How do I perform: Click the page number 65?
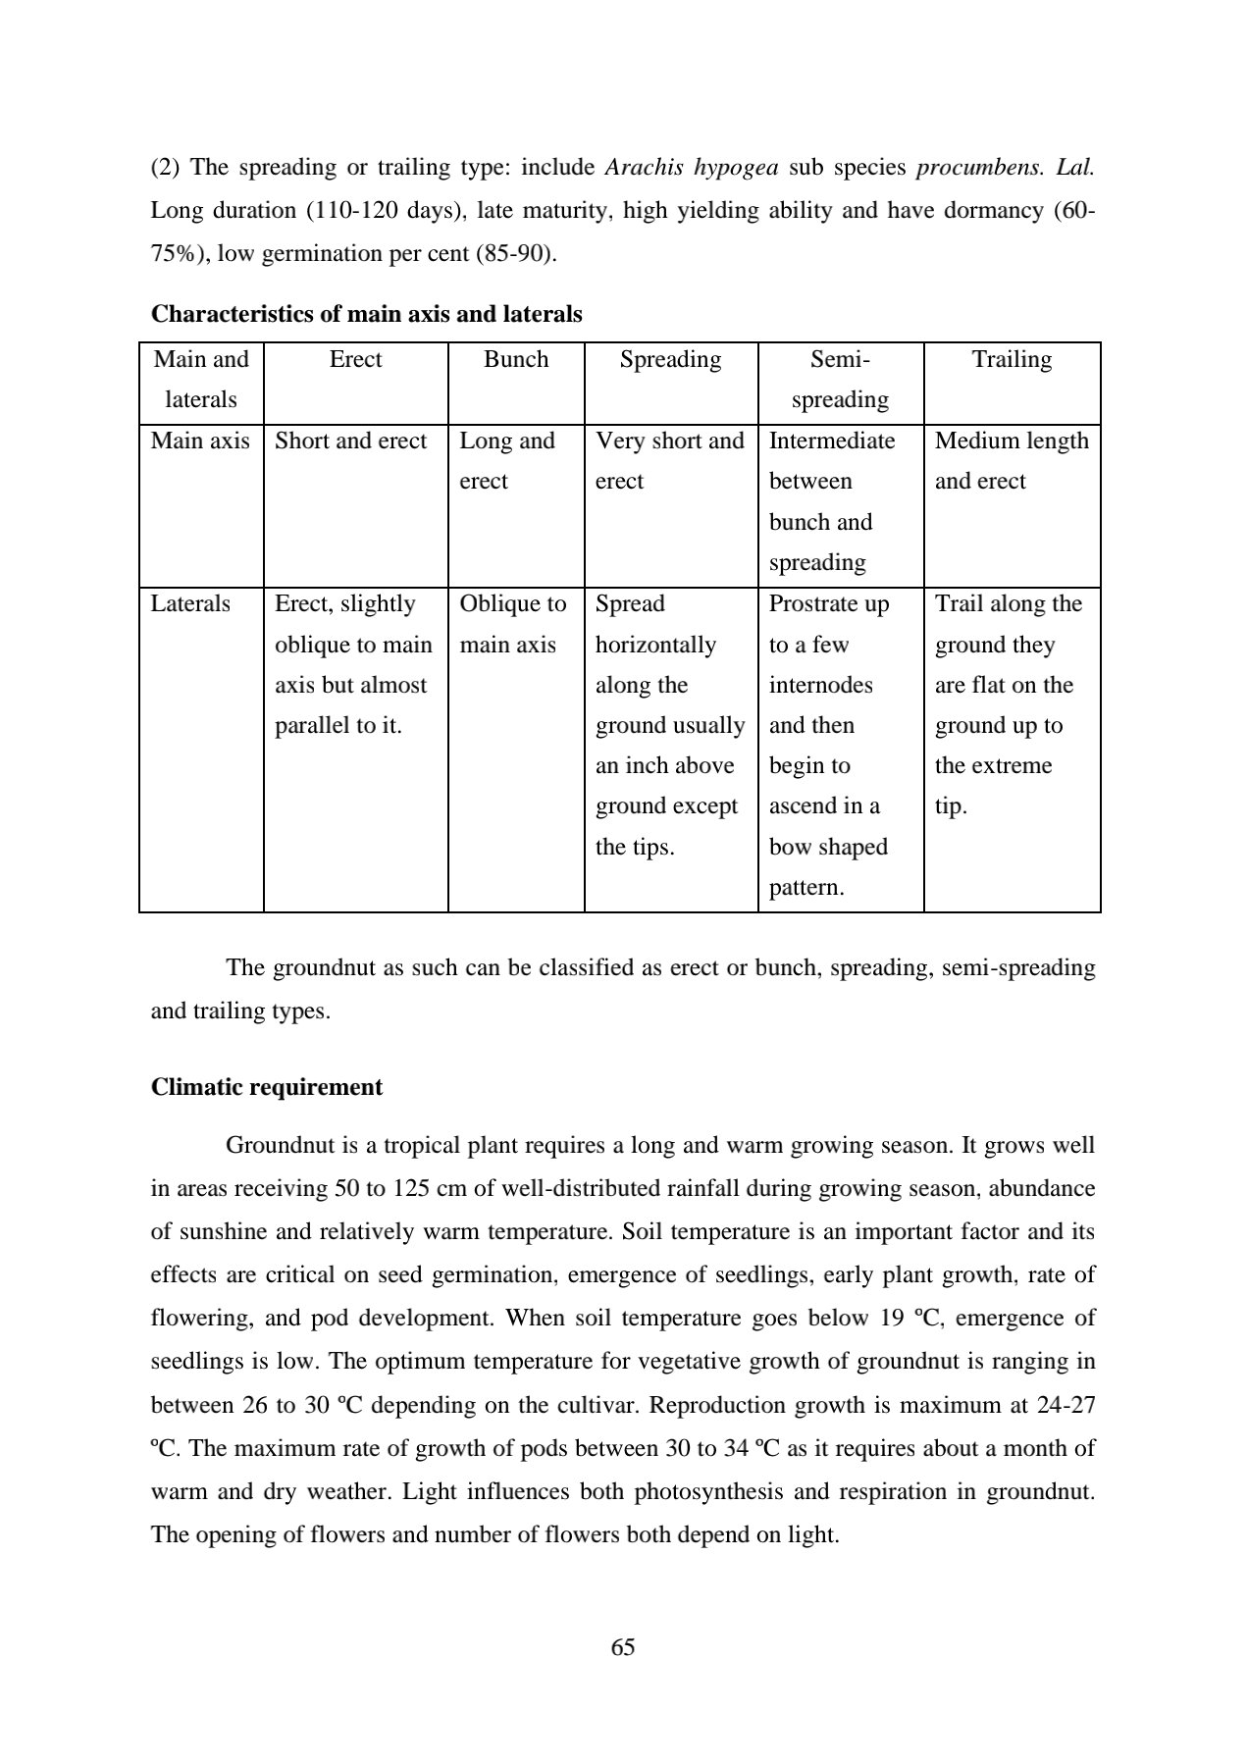click(623, 1647)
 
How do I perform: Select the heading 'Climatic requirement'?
click(267, 1087)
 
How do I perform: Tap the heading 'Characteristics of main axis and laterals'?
click(366, 314)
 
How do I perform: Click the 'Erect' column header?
click(355, 359)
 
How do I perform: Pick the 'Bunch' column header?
click(516, 359)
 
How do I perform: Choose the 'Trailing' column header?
click(1012, 359)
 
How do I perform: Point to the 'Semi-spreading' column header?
click(840, 380)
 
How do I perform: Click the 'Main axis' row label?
click(200, 441)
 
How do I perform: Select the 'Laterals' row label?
click(190, 603)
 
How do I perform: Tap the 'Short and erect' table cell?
click(350, 441)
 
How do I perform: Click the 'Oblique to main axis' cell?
click(512, 624)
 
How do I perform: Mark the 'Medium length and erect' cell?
click(1012, 461)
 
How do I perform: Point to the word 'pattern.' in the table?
click(805, 888)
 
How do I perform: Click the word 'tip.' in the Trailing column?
click(951, 806)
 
